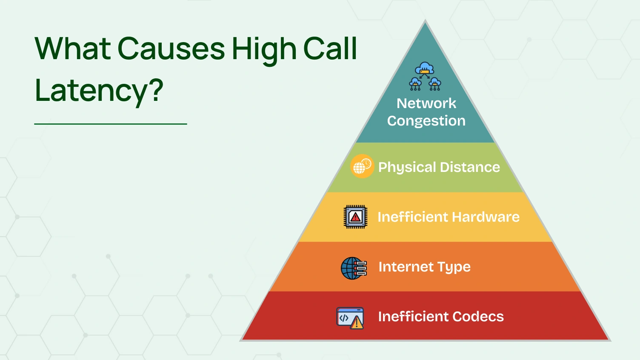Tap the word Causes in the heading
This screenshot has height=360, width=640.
171,49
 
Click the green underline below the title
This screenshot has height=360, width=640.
111,124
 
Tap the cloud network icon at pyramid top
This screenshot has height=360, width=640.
425,77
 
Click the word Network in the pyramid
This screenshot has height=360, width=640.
426,103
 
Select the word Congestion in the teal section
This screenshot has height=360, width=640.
426,121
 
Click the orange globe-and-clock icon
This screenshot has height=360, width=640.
362,166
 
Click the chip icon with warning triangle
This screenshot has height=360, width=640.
355,217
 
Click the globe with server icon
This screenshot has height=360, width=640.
354,268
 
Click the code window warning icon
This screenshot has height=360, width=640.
350,318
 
